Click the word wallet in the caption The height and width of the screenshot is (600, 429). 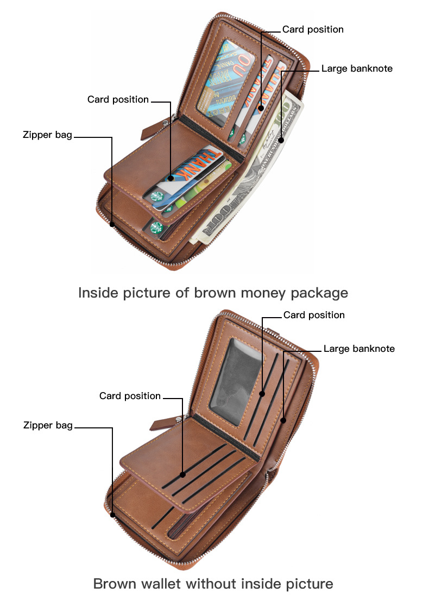(157, 584)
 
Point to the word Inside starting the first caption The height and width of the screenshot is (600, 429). (98, 293)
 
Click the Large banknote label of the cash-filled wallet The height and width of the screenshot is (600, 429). (357, 68)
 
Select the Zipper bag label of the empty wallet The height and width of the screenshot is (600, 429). (48, 425)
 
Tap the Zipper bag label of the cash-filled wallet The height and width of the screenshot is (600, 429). (47, 135)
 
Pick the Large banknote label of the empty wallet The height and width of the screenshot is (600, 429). (359, 348)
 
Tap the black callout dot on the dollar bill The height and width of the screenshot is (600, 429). (281, 140)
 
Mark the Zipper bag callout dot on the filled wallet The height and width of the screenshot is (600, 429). (112, 224)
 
